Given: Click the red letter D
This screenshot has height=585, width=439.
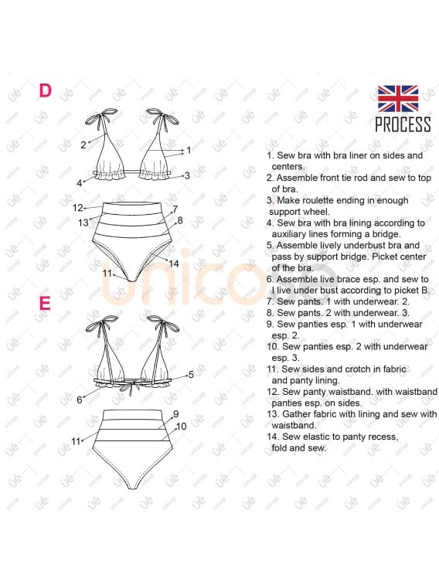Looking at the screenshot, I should point(46,90).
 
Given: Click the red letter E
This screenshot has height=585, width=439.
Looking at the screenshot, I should point(45,302).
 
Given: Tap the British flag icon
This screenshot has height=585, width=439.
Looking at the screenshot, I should point(398,99).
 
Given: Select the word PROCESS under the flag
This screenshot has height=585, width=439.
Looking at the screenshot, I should point(403,124).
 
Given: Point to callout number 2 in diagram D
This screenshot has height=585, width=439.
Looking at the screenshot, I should point(83,144).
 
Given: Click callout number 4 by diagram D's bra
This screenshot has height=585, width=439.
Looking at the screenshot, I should point(79,183).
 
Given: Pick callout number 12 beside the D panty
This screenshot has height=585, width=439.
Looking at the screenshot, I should point(77,208).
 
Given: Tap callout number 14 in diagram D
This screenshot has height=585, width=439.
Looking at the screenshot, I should point(174,264).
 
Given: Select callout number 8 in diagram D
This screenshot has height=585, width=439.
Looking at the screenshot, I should point(179,220).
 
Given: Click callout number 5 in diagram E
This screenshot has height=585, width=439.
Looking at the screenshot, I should point(190,374).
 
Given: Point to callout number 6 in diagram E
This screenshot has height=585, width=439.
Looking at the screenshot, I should point(79,400).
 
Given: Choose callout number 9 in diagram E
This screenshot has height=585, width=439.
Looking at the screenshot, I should point(175,414).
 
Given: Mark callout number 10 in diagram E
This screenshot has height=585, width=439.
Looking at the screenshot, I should point(181,426).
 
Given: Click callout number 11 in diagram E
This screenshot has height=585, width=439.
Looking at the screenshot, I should point(76,440).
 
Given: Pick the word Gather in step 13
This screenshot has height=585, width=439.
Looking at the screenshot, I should point(294,414).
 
